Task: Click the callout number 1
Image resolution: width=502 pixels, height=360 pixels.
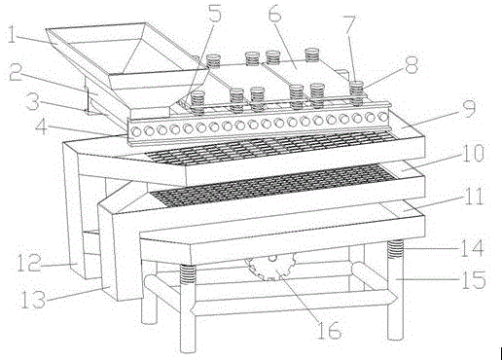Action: coord(12,35)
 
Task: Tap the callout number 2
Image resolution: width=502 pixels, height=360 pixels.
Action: coord(16,73)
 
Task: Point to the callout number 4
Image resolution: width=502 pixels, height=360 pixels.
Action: coord(43,127)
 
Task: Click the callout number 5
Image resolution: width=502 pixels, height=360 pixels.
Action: coord(215,14)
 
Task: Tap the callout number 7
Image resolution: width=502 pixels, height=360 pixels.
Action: coord(350,25)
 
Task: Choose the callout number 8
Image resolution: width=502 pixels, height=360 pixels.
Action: coord(412,65)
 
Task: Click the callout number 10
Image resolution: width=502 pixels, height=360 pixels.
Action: coord(473,153)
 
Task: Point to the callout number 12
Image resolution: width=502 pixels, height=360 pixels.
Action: coord(29,263)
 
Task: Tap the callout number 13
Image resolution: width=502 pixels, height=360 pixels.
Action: coord(33,299)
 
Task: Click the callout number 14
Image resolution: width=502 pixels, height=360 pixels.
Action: coord(472,248)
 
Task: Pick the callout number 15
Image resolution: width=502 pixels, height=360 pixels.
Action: coord(474,279)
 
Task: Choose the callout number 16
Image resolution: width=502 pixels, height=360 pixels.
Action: coord(330,331)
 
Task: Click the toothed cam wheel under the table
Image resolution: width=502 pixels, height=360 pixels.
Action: coord(271,267)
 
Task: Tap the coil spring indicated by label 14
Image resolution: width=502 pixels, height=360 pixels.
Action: coord(395,249)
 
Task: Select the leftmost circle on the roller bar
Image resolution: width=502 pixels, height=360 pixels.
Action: coord(137,131)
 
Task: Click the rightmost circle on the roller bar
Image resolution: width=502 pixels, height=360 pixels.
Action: coord(383,117)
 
